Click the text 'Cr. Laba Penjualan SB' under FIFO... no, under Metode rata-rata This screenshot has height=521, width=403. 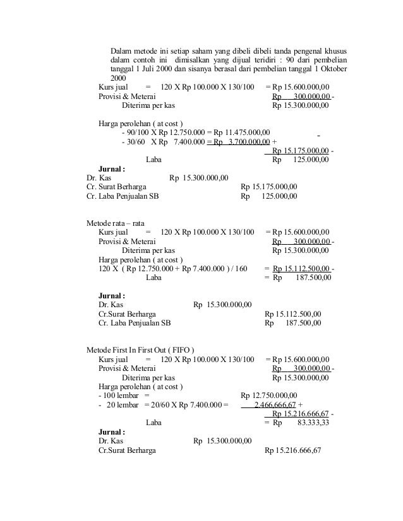(135, 323)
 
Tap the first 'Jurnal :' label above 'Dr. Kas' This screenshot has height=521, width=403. (112, 169)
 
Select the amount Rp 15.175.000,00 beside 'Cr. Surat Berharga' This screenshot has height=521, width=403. (269, 187)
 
